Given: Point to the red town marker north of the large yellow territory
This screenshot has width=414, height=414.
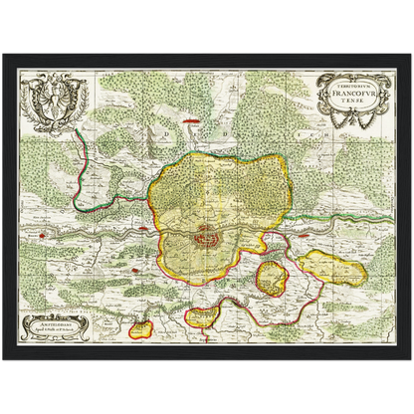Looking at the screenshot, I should coord(204,147).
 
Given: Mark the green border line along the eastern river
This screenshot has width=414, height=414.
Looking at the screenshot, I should coord(338,211).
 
